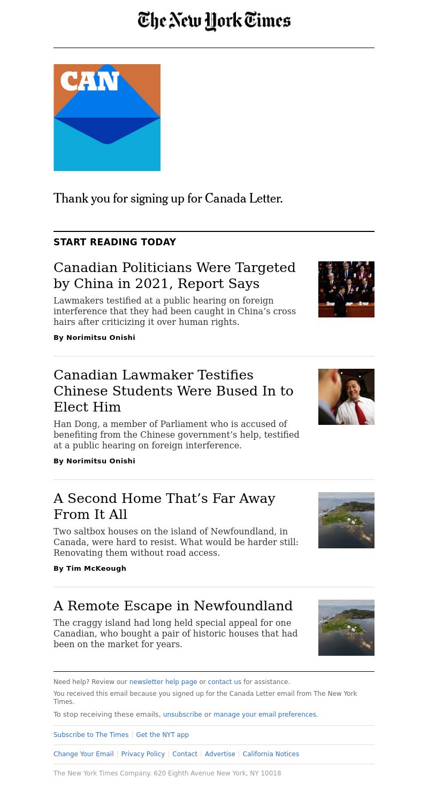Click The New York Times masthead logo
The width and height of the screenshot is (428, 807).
pos(214,21)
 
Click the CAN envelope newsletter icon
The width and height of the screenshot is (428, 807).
pos(107,118)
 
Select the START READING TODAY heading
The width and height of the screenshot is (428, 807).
pos(114,242)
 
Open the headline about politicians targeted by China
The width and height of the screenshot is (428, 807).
pos(174,275)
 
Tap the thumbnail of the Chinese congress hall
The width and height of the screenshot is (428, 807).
pos(346,289)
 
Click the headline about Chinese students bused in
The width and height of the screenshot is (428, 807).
pos(173,391)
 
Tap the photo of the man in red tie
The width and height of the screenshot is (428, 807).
pos(346,397)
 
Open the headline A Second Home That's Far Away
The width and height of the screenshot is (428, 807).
pos(164,506)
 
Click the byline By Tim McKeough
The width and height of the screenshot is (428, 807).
pos(90,569)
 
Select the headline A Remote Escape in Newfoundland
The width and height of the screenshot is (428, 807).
pos(173,606)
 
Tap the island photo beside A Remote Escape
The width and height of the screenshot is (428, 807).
pos(346,627)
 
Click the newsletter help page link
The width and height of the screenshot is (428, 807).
pos(163,682)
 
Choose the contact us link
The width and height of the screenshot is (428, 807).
pos(224,682)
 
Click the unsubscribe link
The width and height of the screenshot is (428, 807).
pos(182,715)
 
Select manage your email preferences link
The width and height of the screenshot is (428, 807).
pos(265,715)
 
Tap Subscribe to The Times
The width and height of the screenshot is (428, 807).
pos(91,735)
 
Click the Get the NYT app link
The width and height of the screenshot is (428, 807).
pos(162,735)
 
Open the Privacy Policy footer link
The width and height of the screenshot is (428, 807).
pos(143,754)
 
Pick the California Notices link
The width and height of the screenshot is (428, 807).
pos(271,754)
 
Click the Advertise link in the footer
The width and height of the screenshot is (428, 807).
pos(220,754)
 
